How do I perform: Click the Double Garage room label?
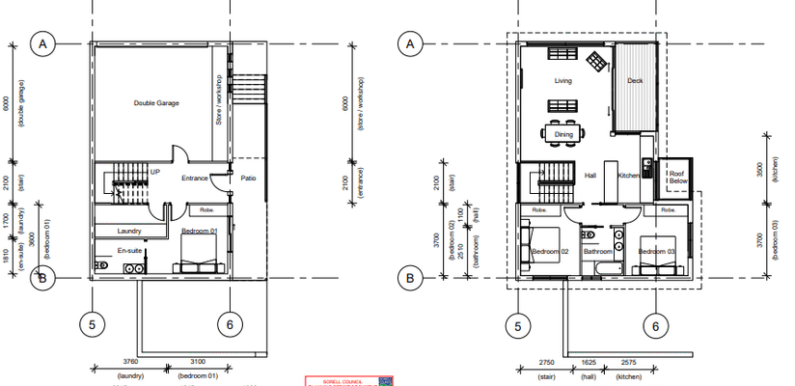point(156,102)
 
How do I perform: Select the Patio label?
point(248,178)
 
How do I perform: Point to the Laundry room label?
point(130,231)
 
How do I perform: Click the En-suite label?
point(130,250)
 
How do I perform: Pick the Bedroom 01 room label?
point(200,232)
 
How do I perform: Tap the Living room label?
point(562,82)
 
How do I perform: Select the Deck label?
point(635,82)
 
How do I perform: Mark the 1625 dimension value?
point(589,363)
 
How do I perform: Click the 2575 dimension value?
point(630,363)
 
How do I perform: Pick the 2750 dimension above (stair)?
point(545,363)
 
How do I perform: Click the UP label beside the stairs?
point(154,171)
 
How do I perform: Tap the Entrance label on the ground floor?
point(195,178)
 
